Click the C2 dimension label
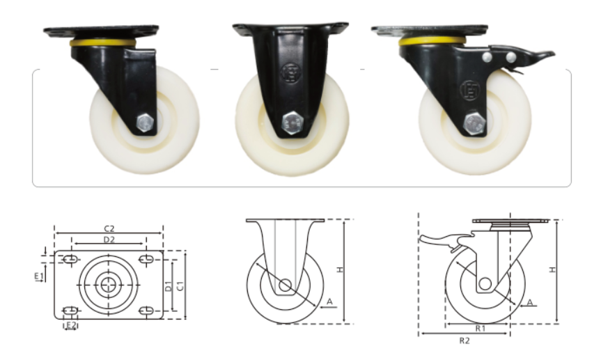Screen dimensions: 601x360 point(109,229)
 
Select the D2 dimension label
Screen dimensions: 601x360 point(109,240)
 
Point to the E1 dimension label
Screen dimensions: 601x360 point(39,276)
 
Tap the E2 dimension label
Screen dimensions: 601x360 point(71,325)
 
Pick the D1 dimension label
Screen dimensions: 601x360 point(169,286)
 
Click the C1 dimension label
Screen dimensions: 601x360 point(180,286)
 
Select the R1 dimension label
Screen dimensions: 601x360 point(481,329)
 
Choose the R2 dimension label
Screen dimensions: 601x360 point(465,341)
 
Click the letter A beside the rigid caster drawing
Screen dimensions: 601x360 point(329,302)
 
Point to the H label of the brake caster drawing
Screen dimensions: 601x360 point(552,269)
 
